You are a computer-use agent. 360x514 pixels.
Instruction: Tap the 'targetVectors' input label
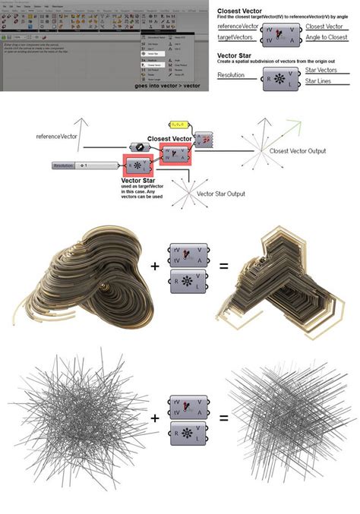click(x=235, y=36)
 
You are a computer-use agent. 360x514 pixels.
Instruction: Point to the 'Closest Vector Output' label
click(x=298, y=151)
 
